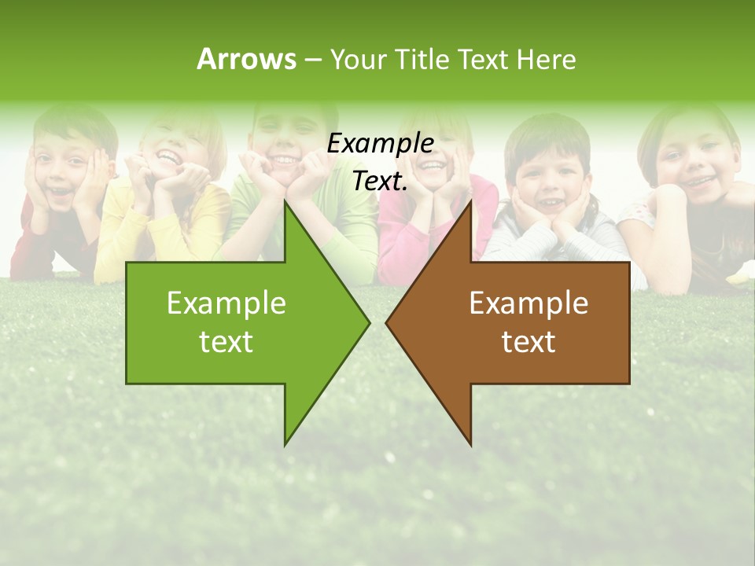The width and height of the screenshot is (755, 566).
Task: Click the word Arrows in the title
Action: pyautogui.click(x=246, y=59)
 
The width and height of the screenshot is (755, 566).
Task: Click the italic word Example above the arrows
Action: pyautogui.click(x=380, y=144)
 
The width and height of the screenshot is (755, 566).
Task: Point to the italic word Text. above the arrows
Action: pyautogui.click(x=380, y=182)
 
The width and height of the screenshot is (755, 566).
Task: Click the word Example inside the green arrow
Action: pyautogui.click(x=226, y=303)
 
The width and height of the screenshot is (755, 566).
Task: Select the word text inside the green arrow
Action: pyautogui.click(x=226, y=341)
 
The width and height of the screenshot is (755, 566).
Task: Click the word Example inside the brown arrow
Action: pyautogui.click(x=528, y=303)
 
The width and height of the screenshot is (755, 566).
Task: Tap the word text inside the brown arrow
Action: pyautogui.click(x=528, y=341)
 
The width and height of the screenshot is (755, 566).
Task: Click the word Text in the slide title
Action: pyautogui.click(x=483, y=60)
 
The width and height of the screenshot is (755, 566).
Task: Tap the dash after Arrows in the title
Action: pyautogui.click(x=312, y=60)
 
